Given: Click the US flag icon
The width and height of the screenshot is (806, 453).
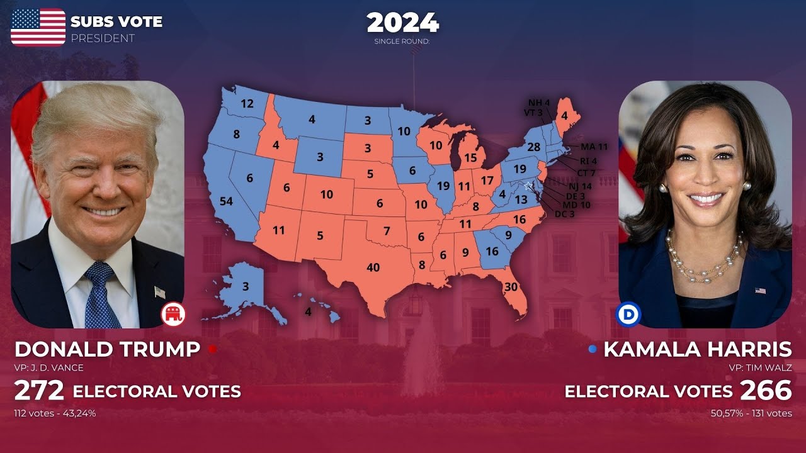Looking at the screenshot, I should pos(38,27).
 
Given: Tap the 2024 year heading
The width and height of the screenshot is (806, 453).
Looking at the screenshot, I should pos(403,23).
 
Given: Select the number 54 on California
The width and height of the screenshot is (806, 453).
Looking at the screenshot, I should pos(226,201).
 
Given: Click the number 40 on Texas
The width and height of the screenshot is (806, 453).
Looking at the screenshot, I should pos(373,267).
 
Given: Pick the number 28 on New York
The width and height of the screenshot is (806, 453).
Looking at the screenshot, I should pos(534,147).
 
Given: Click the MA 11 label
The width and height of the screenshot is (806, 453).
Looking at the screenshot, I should pos(594,147).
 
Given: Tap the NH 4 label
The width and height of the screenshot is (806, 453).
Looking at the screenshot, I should pos(538,103).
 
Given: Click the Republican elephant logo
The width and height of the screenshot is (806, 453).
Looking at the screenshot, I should pos(173,314).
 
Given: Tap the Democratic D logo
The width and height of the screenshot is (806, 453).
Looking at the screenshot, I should pos(629,314).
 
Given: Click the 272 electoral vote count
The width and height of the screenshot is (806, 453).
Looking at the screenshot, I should pos(39,391).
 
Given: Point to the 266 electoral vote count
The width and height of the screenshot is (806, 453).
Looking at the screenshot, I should pos(766,391).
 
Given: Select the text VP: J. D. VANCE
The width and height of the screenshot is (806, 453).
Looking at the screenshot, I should pos(48,368).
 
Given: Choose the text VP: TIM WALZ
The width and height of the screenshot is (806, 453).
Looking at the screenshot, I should pos(761,368).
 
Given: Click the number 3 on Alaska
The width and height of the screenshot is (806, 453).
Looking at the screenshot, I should pos(246,286).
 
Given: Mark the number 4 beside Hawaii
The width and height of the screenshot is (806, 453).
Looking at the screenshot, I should pos(308,311).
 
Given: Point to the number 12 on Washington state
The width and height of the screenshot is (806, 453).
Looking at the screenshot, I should pos(247,104).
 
